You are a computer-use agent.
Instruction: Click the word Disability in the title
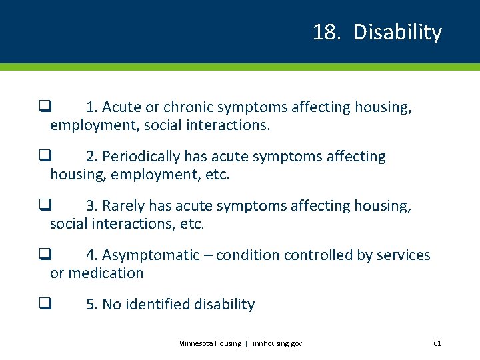397,32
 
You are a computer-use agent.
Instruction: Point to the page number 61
437,343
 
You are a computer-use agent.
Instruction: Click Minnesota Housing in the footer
209,343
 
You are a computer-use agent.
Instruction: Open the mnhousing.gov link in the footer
277,343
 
